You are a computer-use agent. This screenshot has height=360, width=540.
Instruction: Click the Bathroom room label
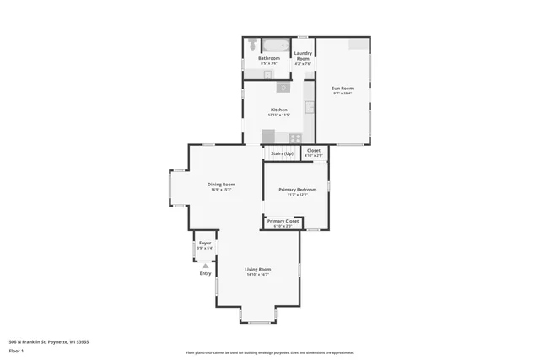click(269, 58)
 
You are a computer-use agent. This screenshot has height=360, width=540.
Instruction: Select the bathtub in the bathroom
click(275, 45)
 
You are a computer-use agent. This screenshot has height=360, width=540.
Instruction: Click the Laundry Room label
click(303, 56)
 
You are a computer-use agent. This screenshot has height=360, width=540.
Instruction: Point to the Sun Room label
click(342, 88)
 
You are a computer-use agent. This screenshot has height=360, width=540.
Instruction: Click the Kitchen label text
click(278, 110)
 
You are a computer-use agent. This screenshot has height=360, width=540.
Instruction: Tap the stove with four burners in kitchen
click(295, 137)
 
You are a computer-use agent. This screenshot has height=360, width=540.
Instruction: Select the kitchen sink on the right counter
click(310, 107)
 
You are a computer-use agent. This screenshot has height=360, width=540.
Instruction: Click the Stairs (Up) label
click(282, 153)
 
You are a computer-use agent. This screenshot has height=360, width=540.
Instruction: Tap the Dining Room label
click(221, 184)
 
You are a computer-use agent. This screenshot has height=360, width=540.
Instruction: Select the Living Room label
click(257, 269)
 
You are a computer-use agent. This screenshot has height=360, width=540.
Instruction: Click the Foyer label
click(205, 243)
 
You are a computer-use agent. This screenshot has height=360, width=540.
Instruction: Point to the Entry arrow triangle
click(205, 265)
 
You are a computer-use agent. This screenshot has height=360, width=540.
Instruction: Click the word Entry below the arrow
click(205, 273)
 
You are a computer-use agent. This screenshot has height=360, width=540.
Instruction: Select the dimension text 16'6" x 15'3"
click(221, 190)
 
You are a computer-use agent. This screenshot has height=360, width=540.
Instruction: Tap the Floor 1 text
click(16, 350)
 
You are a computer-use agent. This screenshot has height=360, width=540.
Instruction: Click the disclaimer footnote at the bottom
click(269, 352)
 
